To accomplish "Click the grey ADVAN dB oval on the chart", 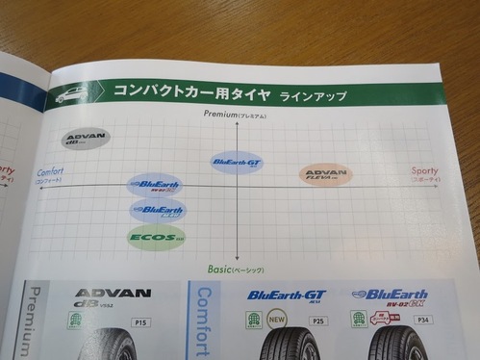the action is coord(86,140).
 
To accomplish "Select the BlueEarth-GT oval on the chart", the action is coord(236,162).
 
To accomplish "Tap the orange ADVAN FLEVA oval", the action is coord(325,174).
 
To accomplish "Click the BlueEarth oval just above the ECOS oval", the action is coord(158,209).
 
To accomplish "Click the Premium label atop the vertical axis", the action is coord(235,116).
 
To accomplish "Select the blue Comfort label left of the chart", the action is coord(51,171).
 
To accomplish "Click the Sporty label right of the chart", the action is coord(423,170).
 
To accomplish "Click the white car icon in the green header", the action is coord(71,94).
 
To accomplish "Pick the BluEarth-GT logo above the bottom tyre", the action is coord(287,296).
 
